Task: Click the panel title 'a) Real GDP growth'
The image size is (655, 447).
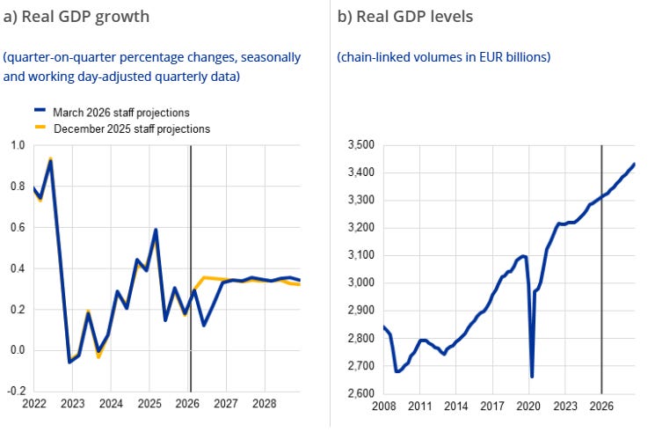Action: tap(76, 16)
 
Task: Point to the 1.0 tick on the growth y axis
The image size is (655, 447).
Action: tap(18, 145)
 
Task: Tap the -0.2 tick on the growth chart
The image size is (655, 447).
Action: tap(16, 391)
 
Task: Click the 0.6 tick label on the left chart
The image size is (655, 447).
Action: tap(18, 227)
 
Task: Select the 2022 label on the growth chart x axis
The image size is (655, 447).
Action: tap(34, 404)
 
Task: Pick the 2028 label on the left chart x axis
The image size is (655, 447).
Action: tap(265, 404)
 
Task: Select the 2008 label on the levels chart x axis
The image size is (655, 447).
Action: tap(383, 407)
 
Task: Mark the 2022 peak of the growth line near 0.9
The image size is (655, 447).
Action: tap(51, 161)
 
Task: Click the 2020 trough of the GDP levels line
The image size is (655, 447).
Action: tap(532, 376)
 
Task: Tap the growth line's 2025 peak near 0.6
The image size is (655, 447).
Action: tap(156, 231)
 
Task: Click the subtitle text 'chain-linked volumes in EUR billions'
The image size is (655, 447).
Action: tap(443, 57)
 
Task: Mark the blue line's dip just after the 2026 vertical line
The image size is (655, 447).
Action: tap(203, 325)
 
